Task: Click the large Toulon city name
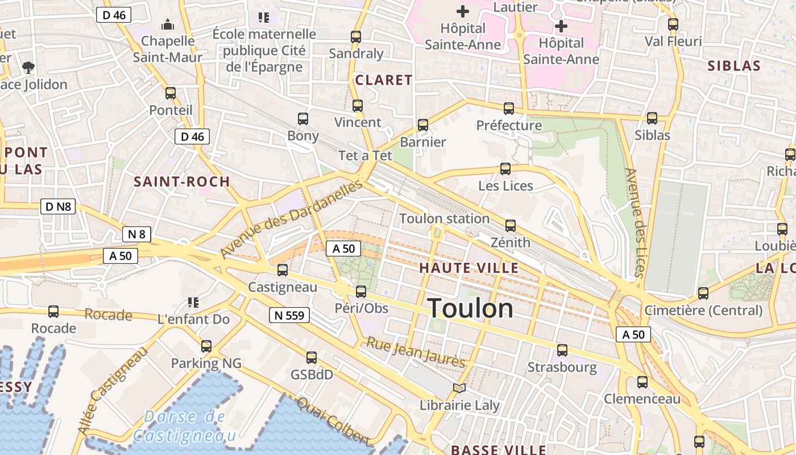470,308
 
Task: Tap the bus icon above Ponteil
171,93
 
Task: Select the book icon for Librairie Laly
459,388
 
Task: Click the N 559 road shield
289,315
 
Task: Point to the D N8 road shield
58,206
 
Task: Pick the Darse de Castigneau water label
184,426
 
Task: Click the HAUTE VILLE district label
469,268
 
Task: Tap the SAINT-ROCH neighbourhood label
181,182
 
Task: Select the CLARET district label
383,80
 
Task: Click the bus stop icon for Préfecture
509,108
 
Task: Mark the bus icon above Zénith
511,226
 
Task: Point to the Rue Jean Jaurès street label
416,352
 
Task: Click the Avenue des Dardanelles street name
291,219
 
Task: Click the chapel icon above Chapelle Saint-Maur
168,24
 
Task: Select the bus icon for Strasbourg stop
562,350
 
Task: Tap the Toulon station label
444,218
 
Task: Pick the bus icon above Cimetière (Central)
703,293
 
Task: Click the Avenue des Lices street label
635,222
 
